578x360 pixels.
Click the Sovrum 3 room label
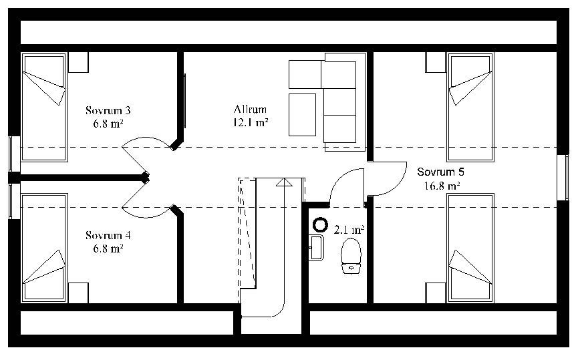[108, 110]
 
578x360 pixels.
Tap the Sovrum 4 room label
[108, 235]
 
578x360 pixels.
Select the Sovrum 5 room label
[440, 172]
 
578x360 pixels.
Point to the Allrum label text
[250, 109]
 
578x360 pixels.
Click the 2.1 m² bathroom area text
[349, 230]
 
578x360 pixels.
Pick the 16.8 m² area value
[442, 186]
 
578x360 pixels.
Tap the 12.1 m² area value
[251, 122]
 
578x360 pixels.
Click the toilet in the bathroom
[351, 256]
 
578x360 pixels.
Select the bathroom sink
[316, 248]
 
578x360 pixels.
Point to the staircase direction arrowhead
[284, 182]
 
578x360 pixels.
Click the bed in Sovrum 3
[44, 108]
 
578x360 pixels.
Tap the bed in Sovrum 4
[44, 248]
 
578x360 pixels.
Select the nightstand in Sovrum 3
[78, 62]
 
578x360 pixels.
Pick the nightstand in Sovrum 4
[78, 293]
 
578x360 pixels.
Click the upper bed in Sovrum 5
[470, 108]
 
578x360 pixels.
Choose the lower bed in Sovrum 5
[470, 248]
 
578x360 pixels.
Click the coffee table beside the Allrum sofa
[302, 115]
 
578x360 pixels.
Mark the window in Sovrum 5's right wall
[563, 178]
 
